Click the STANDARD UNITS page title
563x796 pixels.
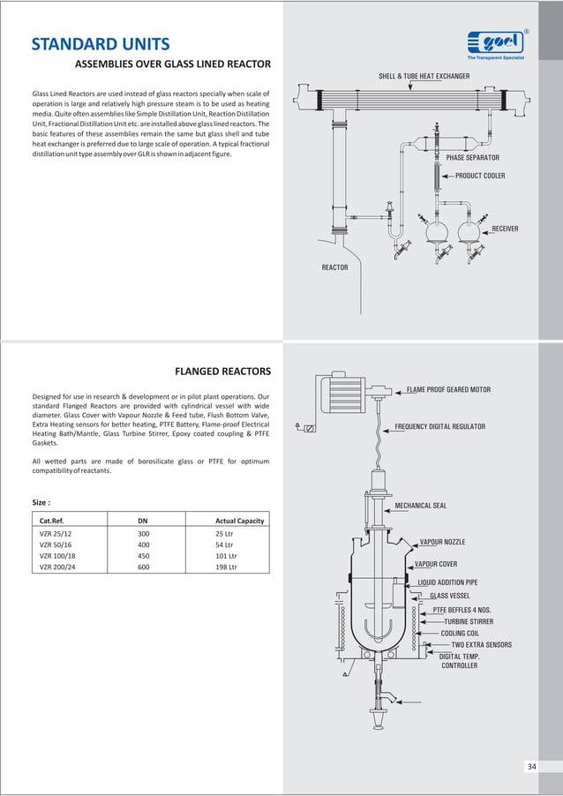coord(101,45)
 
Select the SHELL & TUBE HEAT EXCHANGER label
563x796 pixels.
coord(424,77)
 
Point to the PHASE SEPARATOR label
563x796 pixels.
coord(472,158)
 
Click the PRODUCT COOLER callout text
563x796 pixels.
coord(480,176)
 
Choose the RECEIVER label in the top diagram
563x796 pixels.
coord(505,229)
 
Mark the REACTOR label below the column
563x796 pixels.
coord(334,267)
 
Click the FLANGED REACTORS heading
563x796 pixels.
coord(222,371)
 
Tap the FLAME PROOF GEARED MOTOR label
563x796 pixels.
coord(448,389)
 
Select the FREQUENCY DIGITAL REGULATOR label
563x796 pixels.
coord(439,426)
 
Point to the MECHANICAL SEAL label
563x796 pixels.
coord(420,506)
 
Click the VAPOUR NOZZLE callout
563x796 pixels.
coord(442,542)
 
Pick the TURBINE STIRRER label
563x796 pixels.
coord(469,621)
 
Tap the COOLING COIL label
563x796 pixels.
coord(466,633)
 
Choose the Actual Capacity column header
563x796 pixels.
coord(239,521)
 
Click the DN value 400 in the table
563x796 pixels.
coord(144,545)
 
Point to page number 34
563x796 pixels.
coord(531,766)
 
